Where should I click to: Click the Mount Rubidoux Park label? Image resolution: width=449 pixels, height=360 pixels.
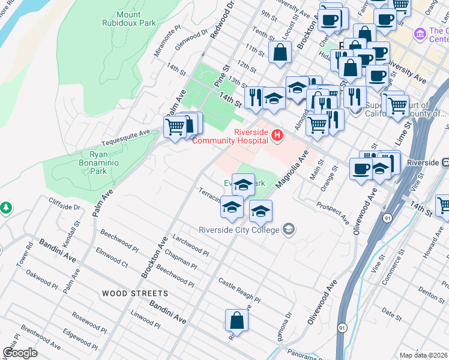(x=136, y=19)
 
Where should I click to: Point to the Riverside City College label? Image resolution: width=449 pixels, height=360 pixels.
(x=240, y=230)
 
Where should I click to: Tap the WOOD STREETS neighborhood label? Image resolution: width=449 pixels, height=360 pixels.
(x=134, y=293)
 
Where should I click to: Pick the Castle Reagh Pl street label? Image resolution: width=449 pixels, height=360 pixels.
(x=239, y=290)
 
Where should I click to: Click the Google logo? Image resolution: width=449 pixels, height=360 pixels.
(x=20, y=353)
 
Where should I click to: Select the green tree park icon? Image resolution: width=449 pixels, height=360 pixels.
(x=6, y=208)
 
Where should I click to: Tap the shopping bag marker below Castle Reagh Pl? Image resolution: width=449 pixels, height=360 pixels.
(x=237, y=321)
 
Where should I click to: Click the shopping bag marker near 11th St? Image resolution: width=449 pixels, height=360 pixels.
(x=280, y=53)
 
